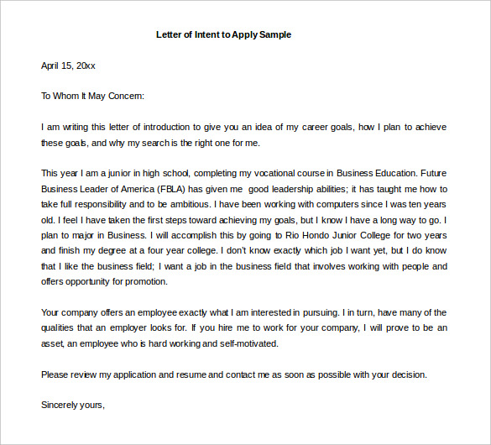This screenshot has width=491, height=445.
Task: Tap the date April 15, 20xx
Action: [68, 65]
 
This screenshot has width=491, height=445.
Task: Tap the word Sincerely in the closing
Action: [60, 405]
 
